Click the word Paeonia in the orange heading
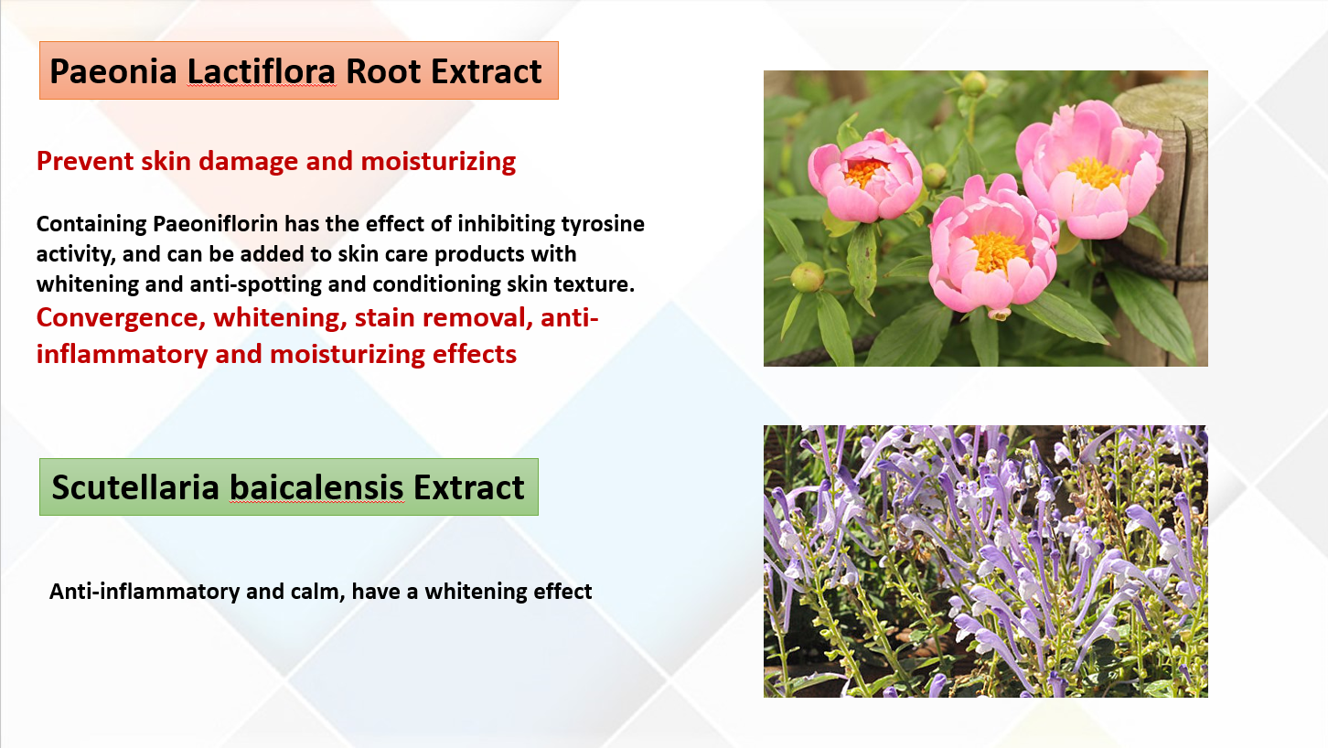coord(113,71)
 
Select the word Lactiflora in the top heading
coord(262,71)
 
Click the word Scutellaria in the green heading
coord(135,487)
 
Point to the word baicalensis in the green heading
coord(316,487)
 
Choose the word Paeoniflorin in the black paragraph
coord(216,224)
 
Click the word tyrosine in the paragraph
coord(603,225)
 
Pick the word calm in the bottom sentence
coord(317,592)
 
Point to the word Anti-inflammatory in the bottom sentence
coord(145,592)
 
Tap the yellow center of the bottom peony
coord(999,251)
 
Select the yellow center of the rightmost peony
coord(1096,173)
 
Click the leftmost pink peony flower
coord(864,176)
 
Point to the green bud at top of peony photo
coord(973,83)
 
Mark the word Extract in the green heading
coord(468,487)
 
